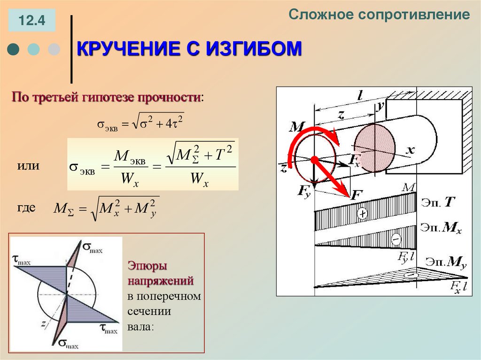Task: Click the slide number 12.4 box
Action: point(31,21)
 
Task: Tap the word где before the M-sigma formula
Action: point(27,208)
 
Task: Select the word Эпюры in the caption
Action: point(147,266)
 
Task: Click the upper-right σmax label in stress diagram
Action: point(92,246)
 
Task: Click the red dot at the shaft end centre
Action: point(314,160)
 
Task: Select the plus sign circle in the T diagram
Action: point(362,214)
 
